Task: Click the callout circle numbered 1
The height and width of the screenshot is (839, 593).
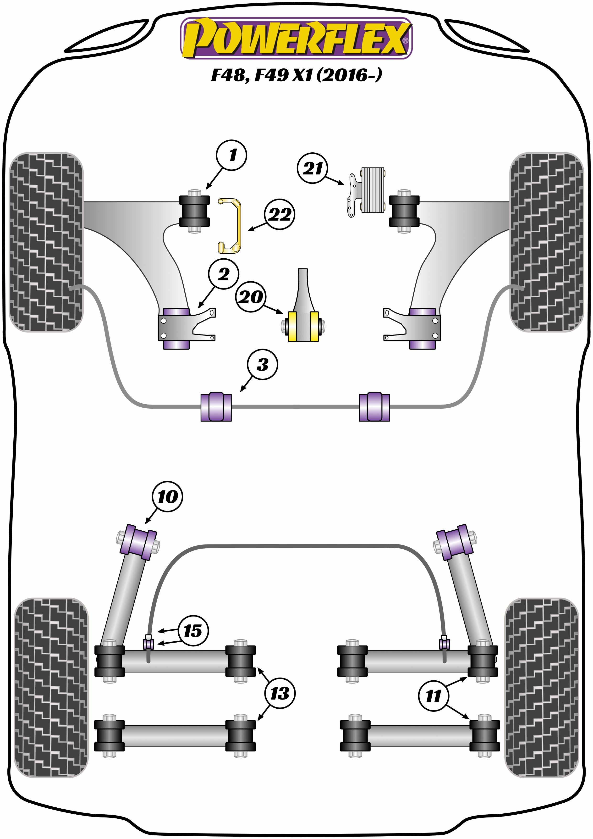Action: (231, 155)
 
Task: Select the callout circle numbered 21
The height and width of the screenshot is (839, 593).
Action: (313, 168)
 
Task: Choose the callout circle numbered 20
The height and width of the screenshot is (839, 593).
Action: (251, 296)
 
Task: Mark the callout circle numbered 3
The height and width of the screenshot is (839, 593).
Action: (262, 364)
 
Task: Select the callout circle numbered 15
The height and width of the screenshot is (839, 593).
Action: (193, 630)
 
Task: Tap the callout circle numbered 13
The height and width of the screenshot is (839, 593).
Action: (280, 693)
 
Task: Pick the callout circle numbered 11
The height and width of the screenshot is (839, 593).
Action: (434, 695)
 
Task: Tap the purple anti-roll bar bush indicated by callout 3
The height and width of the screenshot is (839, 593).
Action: (216, 407)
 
